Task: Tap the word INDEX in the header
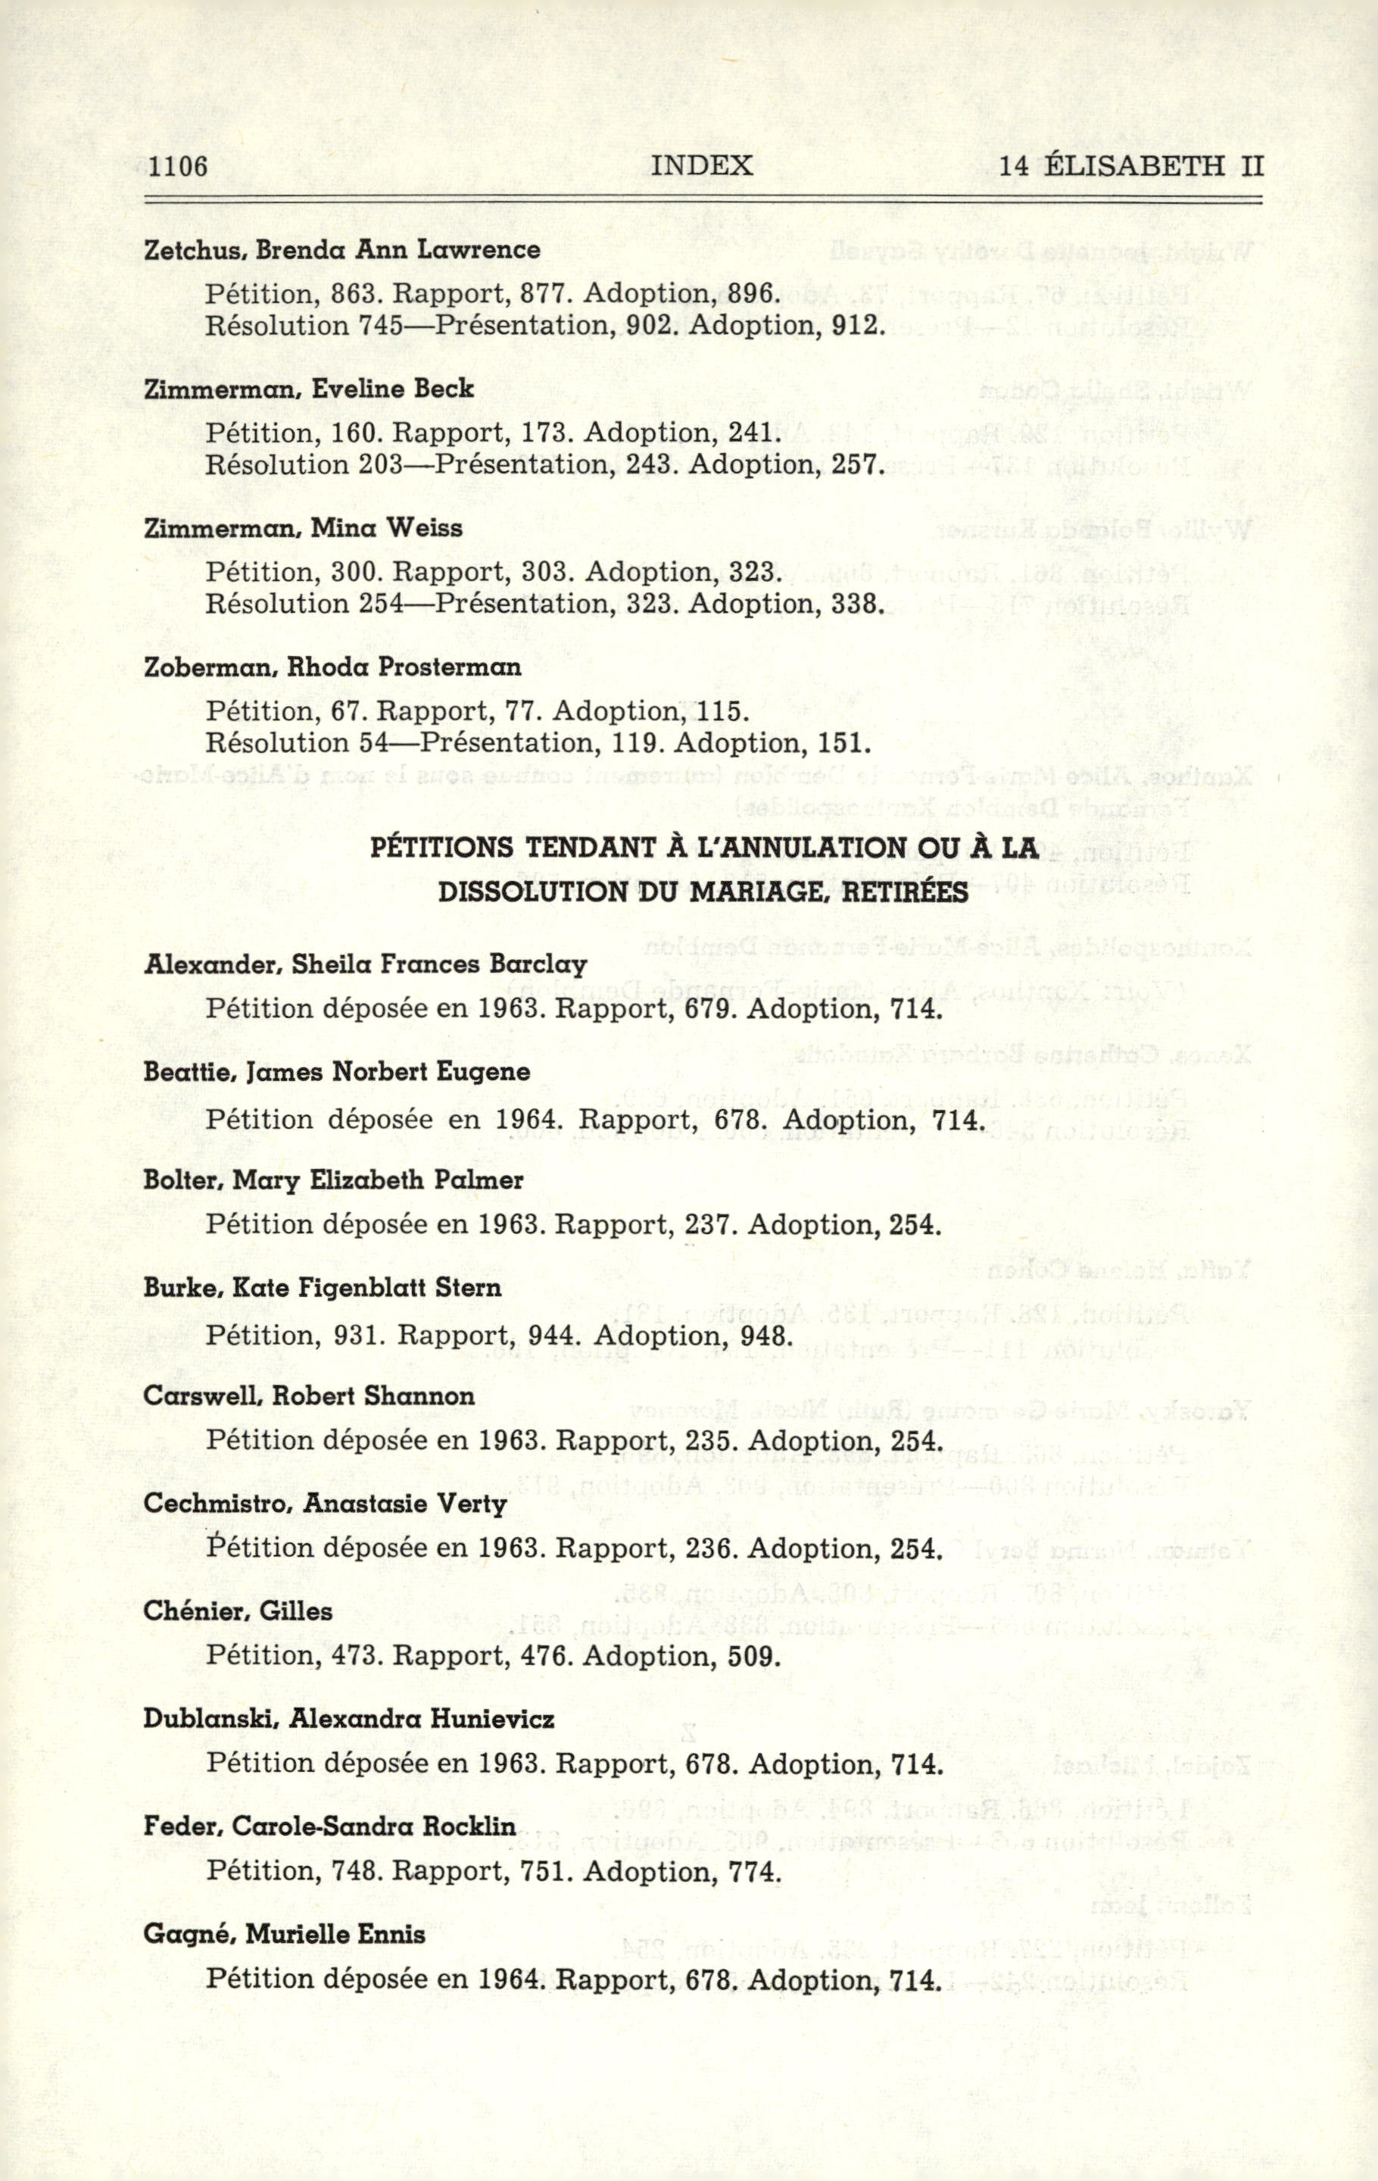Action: click(702, 165)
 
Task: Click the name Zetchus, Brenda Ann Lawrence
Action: click(342, 250)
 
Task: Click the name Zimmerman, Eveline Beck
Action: click(309, 389)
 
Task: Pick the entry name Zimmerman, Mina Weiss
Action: click(304, 528)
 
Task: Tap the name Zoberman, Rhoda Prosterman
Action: click(332, 667)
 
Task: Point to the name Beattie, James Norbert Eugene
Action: click(337, 1073)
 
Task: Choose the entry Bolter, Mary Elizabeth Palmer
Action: click(333, 1181)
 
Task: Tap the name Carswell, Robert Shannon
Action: click(309, 1397)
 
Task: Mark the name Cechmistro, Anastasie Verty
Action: click(325, 1505)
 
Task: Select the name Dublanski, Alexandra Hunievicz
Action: click(348, 1719)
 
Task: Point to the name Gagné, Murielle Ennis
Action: click(284, 1935)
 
